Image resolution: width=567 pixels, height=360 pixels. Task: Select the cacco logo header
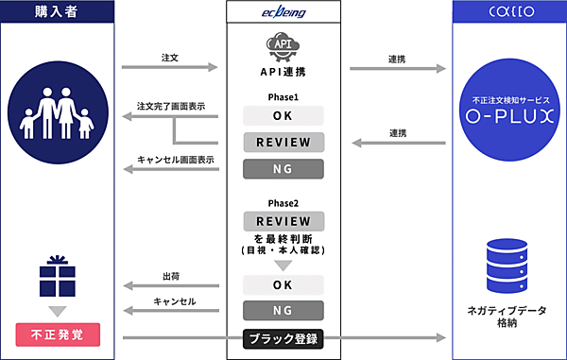tap(508, 13)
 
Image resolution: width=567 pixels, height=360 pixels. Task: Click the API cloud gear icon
tap(283, 46)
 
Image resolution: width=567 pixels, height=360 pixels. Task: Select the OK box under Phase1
tap(283, 115)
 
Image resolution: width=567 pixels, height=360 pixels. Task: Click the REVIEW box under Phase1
tap(283, 143)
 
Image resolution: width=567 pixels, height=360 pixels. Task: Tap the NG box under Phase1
tap(283, 170)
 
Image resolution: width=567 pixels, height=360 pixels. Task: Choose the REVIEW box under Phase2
tap(283, 220)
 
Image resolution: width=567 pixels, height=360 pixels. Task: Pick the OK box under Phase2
tap(283, 284)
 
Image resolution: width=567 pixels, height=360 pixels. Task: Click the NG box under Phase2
tap(283, 310)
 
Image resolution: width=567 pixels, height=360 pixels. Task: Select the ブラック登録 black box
tap(283, 337)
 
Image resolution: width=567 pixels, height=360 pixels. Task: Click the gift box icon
tap(57, 273)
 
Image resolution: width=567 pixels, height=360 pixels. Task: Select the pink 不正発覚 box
tap(57, 334)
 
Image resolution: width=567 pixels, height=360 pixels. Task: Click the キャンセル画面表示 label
tap(176, 160)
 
